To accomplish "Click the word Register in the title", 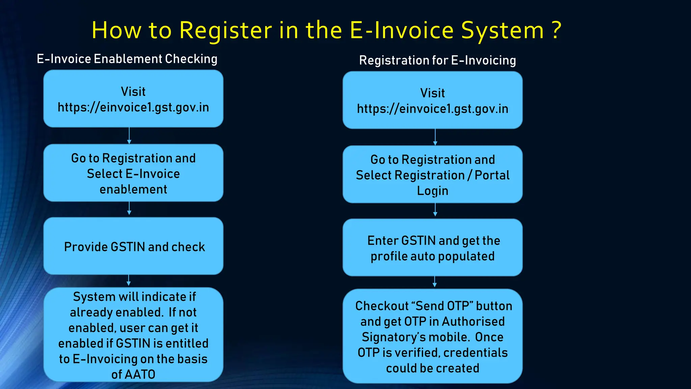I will click(225, 30).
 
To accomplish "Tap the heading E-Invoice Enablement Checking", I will click(127, 59).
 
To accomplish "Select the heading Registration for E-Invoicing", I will click(437, 60).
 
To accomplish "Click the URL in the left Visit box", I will click(133, 107).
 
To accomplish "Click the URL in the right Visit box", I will click(433, 109).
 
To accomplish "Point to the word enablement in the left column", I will click(133, 189).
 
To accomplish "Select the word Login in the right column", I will click(433, 191).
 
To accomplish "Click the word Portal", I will click(492, 175).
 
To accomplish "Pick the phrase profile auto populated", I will click(433, 256).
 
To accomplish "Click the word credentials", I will click(475, 353).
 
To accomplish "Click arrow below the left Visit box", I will click(129, 136).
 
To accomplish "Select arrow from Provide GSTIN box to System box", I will click(129, 281).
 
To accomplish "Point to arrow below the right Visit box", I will click(435, 137).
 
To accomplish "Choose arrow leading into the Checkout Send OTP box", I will click(435, 282).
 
